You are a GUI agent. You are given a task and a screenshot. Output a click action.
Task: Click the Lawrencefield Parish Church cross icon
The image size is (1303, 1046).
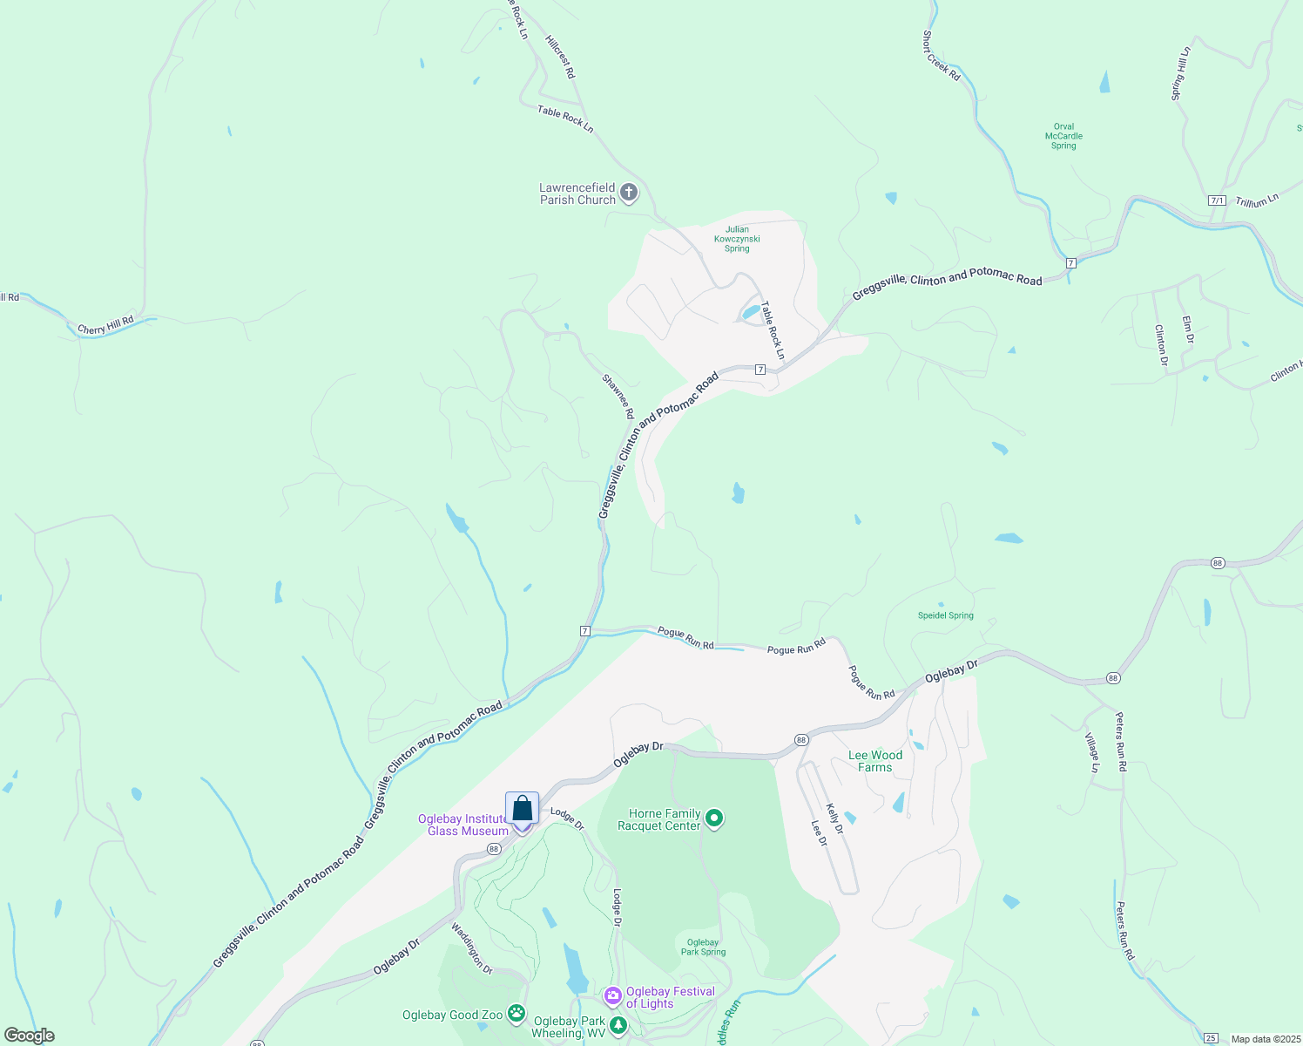pyautogui.click(x=629, y=193)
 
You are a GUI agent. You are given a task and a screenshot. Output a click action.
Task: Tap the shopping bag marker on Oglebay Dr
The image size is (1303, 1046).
pyautogui.click(x=522, y=809)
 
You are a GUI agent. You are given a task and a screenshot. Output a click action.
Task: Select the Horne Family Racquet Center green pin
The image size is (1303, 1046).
pyautogui.click(x=714, y=818)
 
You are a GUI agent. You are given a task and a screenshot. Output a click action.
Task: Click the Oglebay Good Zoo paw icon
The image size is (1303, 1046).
pyautogui.click(x=516, y=1013)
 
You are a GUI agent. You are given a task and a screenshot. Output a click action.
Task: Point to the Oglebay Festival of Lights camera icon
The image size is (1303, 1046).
pyautogui.click(x=612, y=995)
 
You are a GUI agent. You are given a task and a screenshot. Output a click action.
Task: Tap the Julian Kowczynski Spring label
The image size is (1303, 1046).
pyautogui.click(x=737, y=239)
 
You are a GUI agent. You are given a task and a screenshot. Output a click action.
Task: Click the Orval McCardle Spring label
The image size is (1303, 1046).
pyautogui.click(x=1063, y=136)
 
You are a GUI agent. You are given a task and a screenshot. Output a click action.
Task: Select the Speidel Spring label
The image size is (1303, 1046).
pyautogui.click(x=946, y=615)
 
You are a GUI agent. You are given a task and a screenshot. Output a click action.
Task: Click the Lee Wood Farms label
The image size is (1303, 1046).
pyautogui.click(x=875, y=761)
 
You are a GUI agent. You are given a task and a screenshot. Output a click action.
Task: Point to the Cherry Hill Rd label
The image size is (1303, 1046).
pyautogui.click(x=105, y=325)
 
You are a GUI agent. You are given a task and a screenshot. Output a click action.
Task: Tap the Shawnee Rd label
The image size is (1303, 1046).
pyautogui.click(x=618, y=397)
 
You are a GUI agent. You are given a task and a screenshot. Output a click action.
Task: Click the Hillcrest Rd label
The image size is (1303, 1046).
pyautogui.click(x=560, y=58)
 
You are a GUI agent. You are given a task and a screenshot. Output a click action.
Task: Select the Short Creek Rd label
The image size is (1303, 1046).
pyautogui.click(x=941, y=56)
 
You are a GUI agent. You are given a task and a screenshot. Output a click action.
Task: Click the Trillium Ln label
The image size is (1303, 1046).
pyautogui.click(x=1257, y=200)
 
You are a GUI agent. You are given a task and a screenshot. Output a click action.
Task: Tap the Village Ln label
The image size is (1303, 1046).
pyautogui.click(x=1092, y=752)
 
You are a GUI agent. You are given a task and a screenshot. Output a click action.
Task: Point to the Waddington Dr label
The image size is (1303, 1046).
pyautogui.click(x=471, y=948)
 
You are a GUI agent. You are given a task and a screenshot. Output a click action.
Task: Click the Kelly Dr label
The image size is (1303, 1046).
pyautogui.click(x=834, y=818)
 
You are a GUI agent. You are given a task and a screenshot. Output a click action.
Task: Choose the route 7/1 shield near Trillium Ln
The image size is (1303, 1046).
pyautogui.click(x=1217, y=200)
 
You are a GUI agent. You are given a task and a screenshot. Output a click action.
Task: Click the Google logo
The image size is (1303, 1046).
pyautogui.click(x=30, y=1036)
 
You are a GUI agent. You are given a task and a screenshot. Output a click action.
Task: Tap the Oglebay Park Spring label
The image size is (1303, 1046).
pyautogui.click(x=703, y=947)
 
